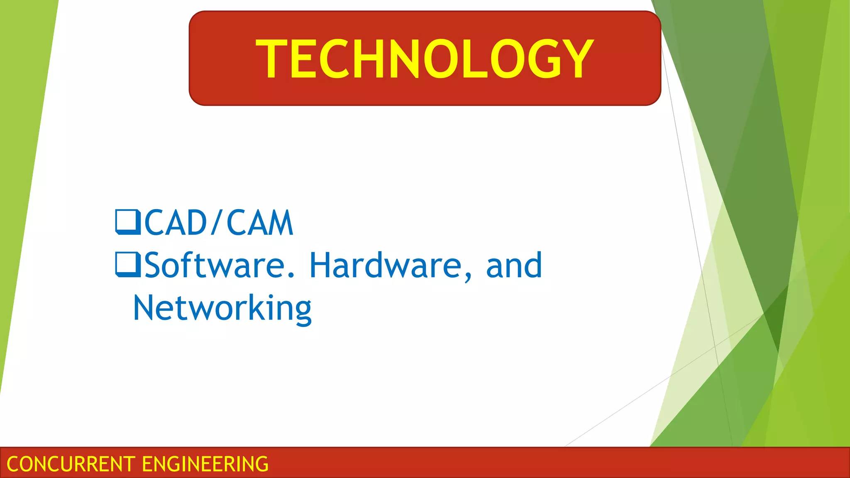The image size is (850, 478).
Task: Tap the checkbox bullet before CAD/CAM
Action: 128,222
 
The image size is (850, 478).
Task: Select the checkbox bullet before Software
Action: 128,264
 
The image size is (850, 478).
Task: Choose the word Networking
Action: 222,308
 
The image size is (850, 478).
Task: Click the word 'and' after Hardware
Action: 514,265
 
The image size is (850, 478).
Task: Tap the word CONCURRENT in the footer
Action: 71,464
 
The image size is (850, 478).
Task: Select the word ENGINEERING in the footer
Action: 205,464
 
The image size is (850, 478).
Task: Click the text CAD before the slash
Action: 176,223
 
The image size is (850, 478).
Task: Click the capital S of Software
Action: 154,265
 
